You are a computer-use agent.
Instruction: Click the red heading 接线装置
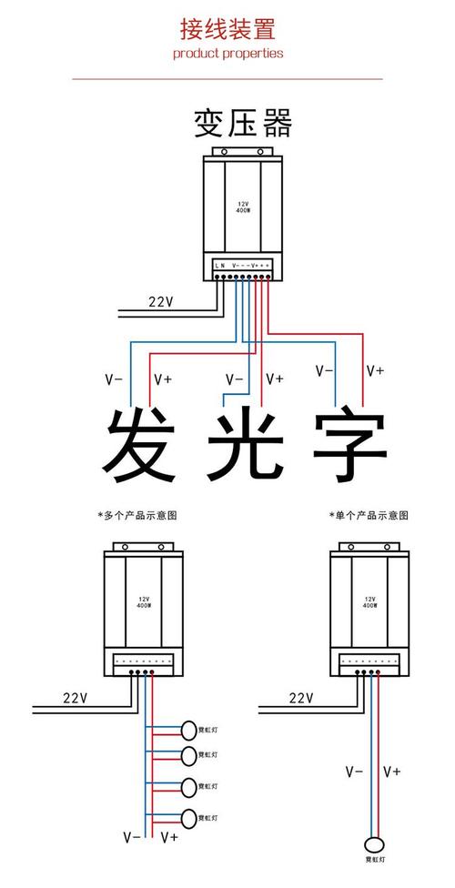click(x=227, y=29)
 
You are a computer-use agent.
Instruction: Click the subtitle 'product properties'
click(x=227, y=53)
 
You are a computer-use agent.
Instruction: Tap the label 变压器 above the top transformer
click(x=242, y=123)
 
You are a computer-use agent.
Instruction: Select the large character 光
click(x=246, y=446)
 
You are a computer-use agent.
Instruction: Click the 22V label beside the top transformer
click(x=161, y=302)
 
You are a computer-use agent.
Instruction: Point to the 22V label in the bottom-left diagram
click(x=75, y=698)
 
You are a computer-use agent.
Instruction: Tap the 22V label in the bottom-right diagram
click(x=301, y=698)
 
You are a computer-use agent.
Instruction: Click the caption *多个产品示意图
click(x=136, y=515)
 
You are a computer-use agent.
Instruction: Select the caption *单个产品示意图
click(x=369, y=515)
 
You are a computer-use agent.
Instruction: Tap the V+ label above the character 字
click(x=375, y=370)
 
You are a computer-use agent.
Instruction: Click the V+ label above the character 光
click(x=274, y=378)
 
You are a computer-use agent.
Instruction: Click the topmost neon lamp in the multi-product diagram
click(x=189, y=730)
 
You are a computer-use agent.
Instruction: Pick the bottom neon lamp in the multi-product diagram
click(x=189, y=818)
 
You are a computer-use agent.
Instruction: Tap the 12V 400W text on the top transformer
click(x=243, y=206)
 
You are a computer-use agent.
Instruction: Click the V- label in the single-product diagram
click(x=354, y=772)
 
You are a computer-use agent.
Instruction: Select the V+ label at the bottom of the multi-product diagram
click(x=168, y=835)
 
